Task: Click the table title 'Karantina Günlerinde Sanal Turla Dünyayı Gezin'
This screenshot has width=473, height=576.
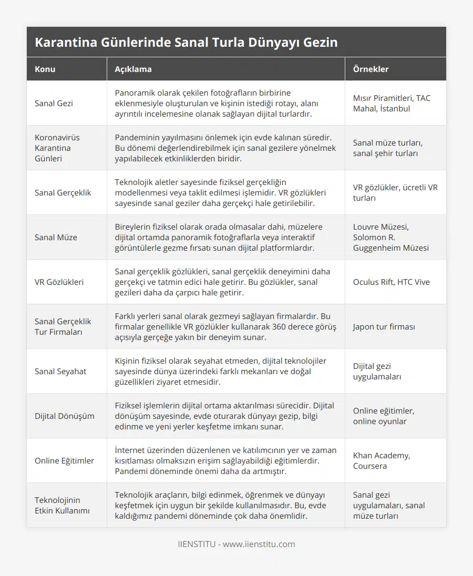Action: click(186, 42)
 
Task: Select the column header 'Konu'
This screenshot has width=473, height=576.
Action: click(45, 69)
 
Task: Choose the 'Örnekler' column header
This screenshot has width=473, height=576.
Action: click(371, 69)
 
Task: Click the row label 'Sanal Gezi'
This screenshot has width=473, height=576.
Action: click(54, 103)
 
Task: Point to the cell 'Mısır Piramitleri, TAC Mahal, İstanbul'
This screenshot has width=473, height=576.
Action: click(392, 103)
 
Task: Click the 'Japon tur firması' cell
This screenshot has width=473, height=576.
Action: click(384, 326)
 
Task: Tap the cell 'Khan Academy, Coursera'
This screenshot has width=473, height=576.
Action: click(382, 460)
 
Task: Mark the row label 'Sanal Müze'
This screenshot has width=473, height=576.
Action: click(56, 237)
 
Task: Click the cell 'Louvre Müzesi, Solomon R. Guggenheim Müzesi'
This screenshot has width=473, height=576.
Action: click(390, 237)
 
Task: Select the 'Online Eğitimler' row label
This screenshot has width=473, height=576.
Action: click(64, 460)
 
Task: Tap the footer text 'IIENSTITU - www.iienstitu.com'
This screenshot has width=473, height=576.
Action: click(236, 544)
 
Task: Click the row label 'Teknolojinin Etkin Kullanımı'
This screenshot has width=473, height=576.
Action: click(62, 505)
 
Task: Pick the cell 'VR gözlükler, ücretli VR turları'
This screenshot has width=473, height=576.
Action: click(395, 192)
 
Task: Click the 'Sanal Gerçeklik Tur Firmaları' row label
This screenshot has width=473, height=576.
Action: click(63, 326)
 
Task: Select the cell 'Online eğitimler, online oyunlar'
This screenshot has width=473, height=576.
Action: click(384, 416)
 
